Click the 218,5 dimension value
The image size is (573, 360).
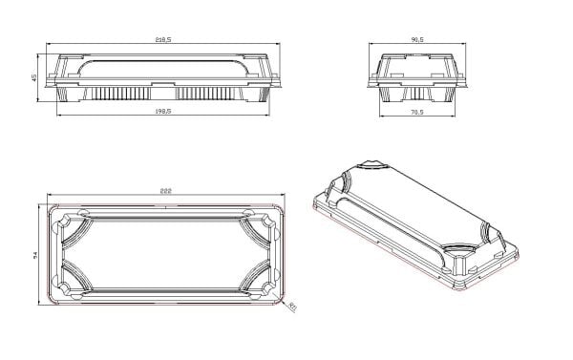pyautogui.click(x=162, y=39)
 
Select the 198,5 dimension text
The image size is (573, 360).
pyautogui.click(x=162, y=110)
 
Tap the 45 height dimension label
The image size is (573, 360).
pyautogui.click(x=35, y=77)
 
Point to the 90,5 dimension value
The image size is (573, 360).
pyautogui.click(x=417, y=39)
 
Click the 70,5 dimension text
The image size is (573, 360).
pyautogui.click(x=417, y=110)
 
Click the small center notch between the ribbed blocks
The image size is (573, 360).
pyautogui.click(x=162, y=94)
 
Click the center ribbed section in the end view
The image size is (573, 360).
pyautogui.click(x=417, y=94)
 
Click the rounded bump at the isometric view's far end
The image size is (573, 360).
pyautogui.click(x=371, y=169)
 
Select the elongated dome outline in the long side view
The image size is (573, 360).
pyautogui.click(x=162, y=67)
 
